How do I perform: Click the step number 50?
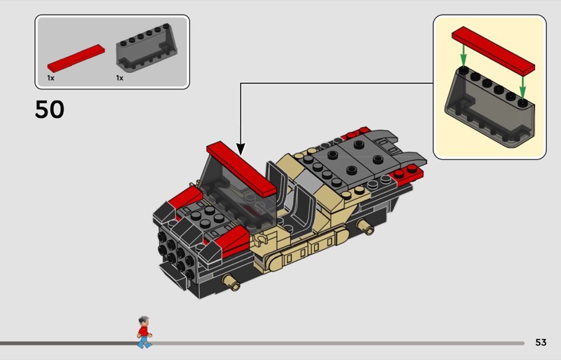click(50, 109)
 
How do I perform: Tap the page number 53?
click(541, 342)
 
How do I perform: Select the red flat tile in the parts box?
click(76, 58)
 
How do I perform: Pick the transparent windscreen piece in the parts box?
click(147, 48)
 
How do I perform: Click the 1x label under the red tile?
click(50, 78)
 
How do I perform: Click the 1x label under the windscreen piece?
click(119, 78)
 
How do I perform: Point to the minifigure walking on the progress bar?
click(144, 332)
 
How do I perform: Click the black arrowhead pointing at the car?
click(241, 149)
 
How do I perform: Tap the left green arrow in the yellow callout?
click(464, 55)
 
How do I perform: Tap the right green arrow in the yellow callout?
click(522, 88)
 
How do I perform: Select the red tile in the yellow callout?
click(493, 50)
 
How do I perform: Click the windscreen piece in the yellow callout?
click(489, 107)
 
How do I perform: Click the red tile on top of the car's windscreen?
click(241, 168)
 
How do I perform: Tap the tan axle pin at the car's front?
click(231, 282)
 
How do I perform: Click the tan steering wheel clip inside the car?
click(260, 240)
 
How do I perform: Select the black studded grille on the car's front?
click(175, 254)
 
